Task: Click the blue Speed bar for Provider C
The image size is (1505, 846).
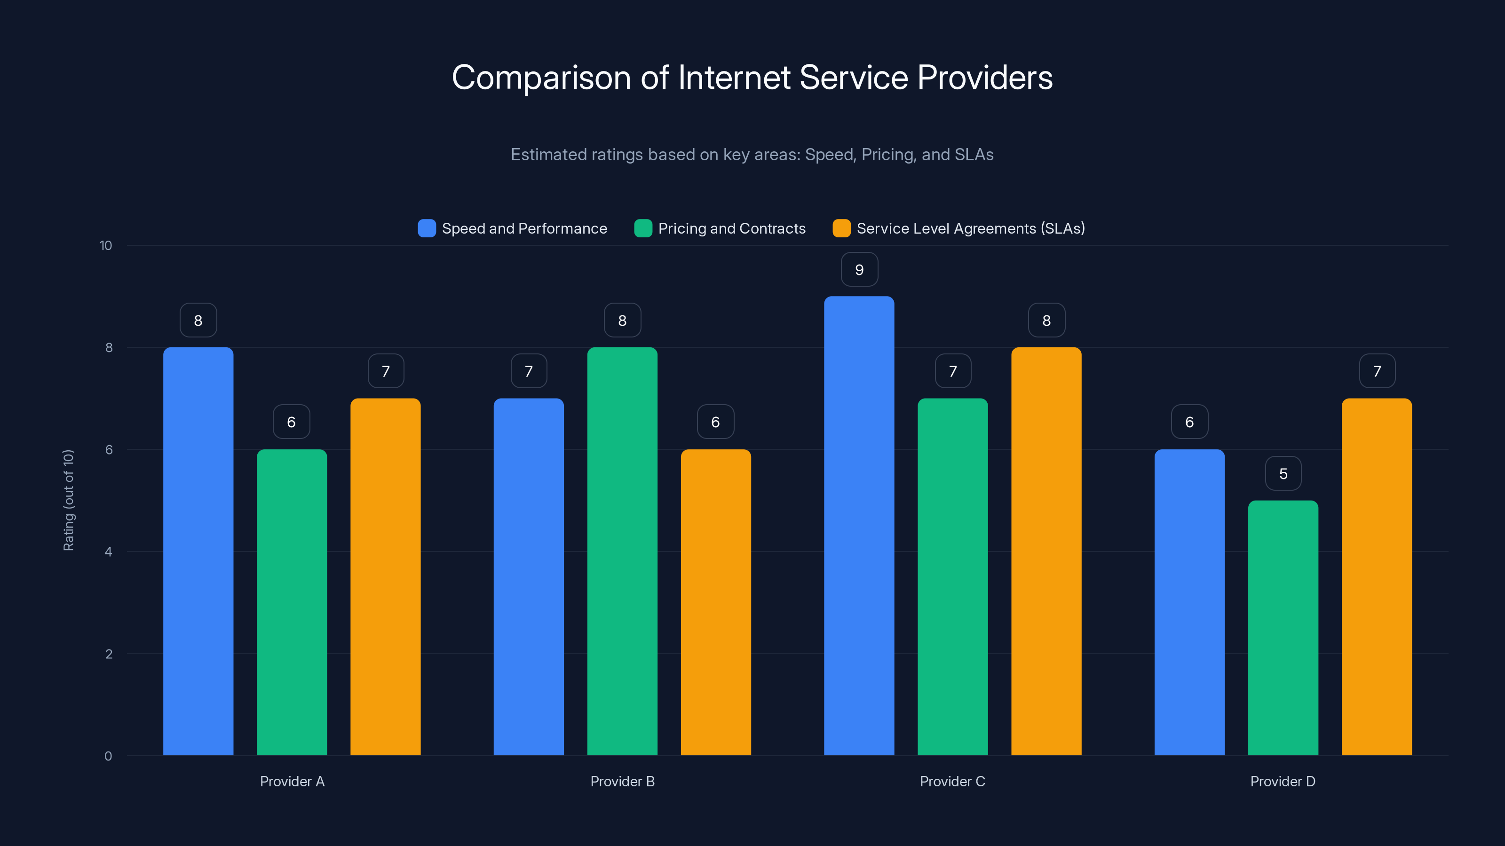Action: pyautogui.click(x=859, y=525)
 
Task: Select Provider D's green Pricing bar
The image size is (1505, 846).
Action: pyautogui.click(x=1283, y=627)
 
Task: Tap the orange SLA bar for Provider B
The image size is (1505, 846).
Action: pyautogui.click(x=716, y=602)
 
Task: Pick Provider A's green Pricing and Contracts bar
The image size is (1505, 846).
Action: pyautogui.click(x=292, y=602)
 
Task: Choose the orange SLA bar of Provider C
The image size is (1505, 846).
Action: pyautogui.click(x=1046, y=551)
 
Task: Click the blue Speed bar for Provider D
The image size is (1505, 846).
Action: pyautogui.click(x=1189, y=602)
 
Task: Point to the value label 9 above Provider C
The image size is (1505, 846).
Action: pyautogui.click(x=859, y=270)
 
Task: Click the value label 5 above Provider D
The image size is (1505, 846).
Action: pyautogui.click(x=1283, y=473)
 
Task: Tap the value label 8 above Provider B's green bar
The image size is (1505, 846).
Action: pyautogui.click(x=622, y=321)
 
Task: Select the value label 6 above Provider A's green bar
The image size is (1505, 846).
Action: pyautogui.click(x=292, y=422)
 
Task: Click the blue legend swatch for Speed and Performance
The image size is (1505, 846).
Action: pyautogui.click(x=427, y=228)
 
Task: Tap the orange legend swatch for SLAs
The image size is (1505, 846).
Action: pyautogui.click(x=841, y=228)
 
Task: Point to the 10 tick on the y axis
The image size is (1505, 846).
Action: pyautogui.click(x=106, y=246)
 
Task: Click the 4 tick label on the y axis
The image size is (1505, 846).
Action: pyautogui.click(x=108, y=552)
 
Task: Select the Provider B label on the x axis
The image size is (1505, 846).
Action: pyautogui.click(x=622, y=781)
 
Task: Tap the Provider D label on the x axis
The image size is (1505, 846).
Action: pyautogui.click(x=1283, y=781)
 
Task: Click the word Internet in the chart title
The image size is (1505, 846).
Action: pyautogui.click(x=734, y=78)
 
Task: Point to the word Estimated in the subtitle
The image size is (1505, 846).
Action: pyautogui.click(x=547, y=155)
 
